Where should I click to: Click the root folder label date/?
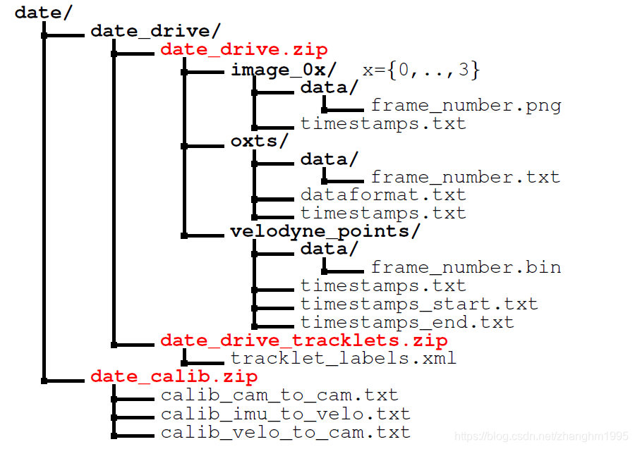tap(41, 12)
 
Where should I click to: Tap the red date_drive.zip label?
tap(243, 49)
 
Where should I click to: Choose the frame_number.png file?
tap(466, 106)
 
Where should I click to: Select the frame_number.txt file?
tap(465, 177)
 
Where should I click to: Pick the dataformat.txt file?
tap(383, 195)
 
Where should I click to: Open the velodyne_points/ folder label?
tap(325, 231)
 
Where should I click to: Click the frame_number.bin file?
tap(466, 268)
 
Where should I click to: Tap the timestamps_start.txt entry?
tap(419, 305)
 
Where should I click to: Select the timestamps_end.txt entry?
tap(407, 323)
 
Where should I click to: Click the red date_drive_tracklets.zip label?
tap(303, 341)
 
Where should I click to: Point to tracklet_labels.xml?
tap(343, 359)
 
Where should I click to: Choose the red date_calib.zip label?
tap(174, 376)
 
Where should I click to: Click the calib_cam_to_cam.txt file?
tap(279, 395)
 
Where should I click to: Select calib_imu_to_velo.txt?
tap(285, 414)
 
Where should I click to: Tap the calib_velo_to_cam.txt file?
tap(285, 432)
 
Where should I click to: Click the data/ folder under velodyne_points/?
tap(329, 249)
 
